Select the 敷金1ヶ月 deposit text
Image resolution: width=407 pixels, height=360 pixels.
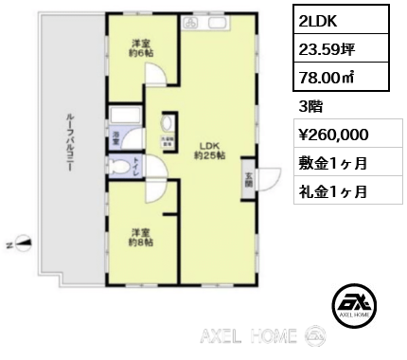coord(332,163)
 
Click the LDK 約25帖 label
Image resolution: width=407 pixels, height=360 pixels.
coord(208,149)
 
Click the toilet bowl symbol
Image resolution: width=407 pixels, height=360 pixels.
coord(123,169)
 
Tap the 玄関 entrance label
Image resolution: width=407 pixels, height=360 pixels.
coord(248,178)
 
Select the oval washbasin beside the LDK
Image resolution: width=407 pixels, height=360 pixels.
coord(169,124)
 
